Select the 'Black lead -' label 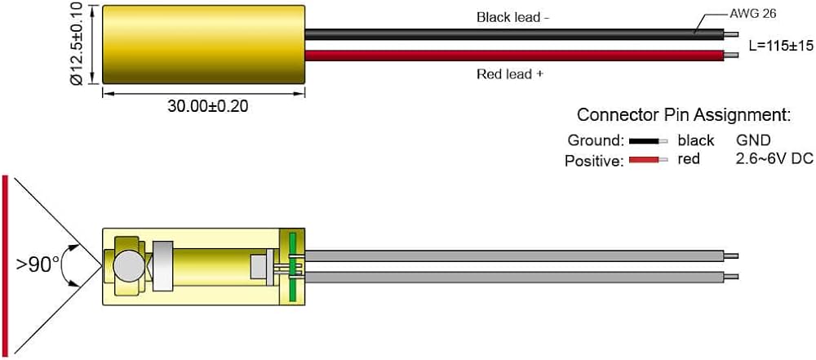tap(507, 16)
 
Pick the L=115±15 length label tap(780, 46)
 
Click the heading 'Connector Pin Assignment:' tap(684, 114)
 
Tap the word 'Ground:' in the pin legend tap(596, 140)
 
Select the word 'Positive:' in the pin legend tap(593, 161)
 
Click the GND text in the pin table tap(754, 140)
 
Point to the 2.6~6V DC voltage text tap(774, 158)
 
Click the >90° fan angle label tap(38, 264)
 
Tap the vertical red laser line tap(6, 265)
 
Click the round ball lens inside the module tap(129, 265)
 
